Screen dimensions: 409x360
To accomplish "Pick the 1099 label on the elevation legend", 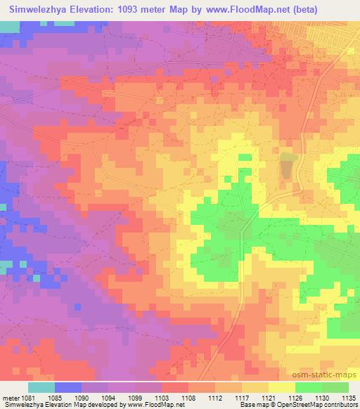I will coord(137,398).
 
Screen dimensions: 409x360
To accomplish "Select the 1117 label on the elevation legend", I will coord(244,398).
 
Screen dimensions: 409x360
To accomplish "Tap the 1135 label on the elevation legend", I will coord(349,398).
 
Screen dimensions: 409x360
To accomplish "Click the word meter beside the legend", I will coord(9,398).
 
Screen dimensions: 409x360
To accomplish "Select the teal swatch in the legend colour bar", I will coord(41,387).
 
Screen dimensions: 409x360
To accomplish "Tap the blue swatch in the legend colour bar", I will coord(67,387).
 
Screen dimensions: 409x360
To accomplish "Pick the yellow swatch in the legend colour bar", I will coord(281,387).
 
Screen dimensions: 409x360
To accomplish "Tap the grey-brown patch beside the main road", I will coord(287,167).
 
